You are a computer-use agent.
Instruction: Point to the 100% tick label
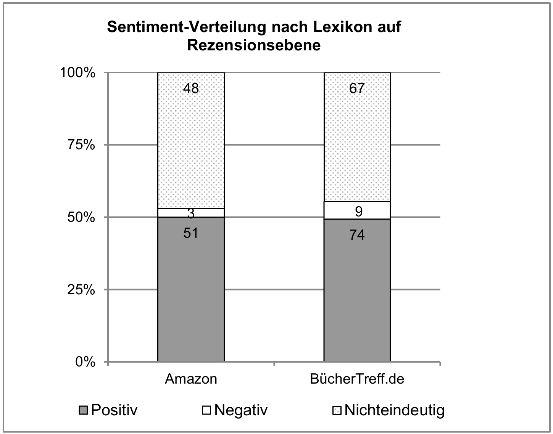pyautogui.click(x=77, y=73)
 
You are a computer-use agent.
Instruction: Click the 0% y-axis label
pyautogui.click(x=85, y=362)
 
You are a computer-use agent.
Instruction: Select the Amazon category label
pyautogui.click(x=191, y=379)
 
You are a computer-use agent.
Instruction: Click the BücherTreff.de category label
pyautogui.click(x=357, y=379)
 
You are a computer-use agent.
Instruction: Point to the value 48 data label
pyautogui.click(x=191, y=89)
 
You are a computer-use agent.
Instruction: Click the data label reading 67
pyautogui.click(x=357, y=89)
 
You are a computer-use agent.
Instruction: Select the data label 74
pyautogui.click(x=357, y=235)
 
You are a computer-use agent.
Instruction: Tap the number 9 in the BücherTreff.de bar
pyautogui.click(x=358, y=211)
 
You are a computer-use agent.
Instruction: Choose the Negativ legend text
pyautogui.click(x=241, y=410)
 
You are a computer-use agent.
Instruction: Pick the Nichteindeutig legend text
pyautogui.click(x=394, y=410)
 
